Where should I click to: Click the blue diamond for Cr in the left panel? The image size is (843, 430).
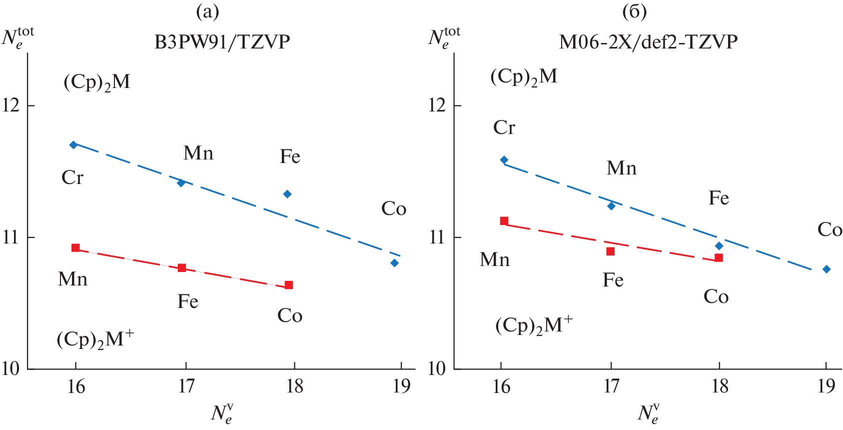73,145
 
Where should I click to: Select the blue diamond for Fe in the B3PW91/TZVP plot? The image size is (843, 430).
287,194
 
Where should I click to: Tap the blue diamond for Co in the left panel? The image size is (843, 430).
394,263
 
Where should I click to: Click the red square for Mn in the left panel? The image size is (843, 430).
75,248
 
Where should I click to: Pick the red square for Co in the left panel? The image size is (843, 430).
288,285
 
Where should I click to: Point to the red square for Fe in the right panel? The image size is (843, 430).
610,251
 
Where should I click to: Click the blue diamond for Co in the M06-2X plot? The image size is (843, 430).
827,269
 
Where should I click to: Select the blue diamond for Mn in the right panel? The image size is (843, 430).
611,206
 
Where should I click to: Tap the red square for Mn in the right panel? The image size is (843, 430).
504,221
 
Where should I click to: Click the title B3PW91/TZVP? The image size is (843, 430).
222,42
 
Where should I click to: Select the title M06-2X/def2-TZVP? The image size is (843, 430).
648,42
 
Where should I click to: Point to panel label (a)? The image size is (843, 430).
207,11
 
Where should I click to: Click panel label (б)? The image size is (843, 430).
634,11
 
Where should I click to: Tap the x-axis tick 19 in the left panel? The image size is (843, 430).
401,386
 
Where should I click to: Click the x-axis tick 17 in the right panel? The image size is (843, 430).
611,386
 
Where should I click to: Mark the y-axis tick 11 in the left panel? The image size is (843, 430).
11,237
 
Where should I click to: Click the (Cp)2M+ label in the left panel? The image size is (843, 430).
95,339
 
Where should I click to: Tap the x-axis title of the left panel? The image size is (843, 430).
222,413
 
